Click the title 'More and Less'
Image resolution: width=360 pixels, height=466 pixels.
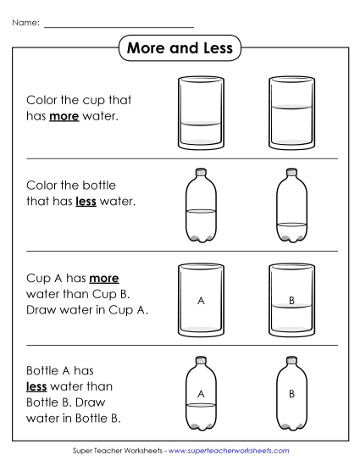coord(179,48)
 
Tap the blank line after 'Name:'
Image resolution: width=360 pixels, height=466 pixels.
coord(119,26)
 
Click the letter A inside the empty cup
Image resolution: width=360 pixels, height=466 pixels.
coord(201,300)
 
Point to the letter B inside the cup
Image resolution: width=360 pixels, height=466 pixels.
coord(291,300)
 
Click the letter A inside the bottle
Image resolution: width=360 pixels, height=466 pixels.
coord(201,393)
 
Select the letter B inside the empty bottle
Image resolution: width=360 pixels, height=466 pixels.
coord(291,393)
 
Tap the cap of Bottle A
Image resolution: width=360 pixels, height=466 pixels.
coord(201,359)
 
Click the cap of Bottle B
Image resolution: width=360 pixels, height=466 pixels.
coord(290,359)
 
